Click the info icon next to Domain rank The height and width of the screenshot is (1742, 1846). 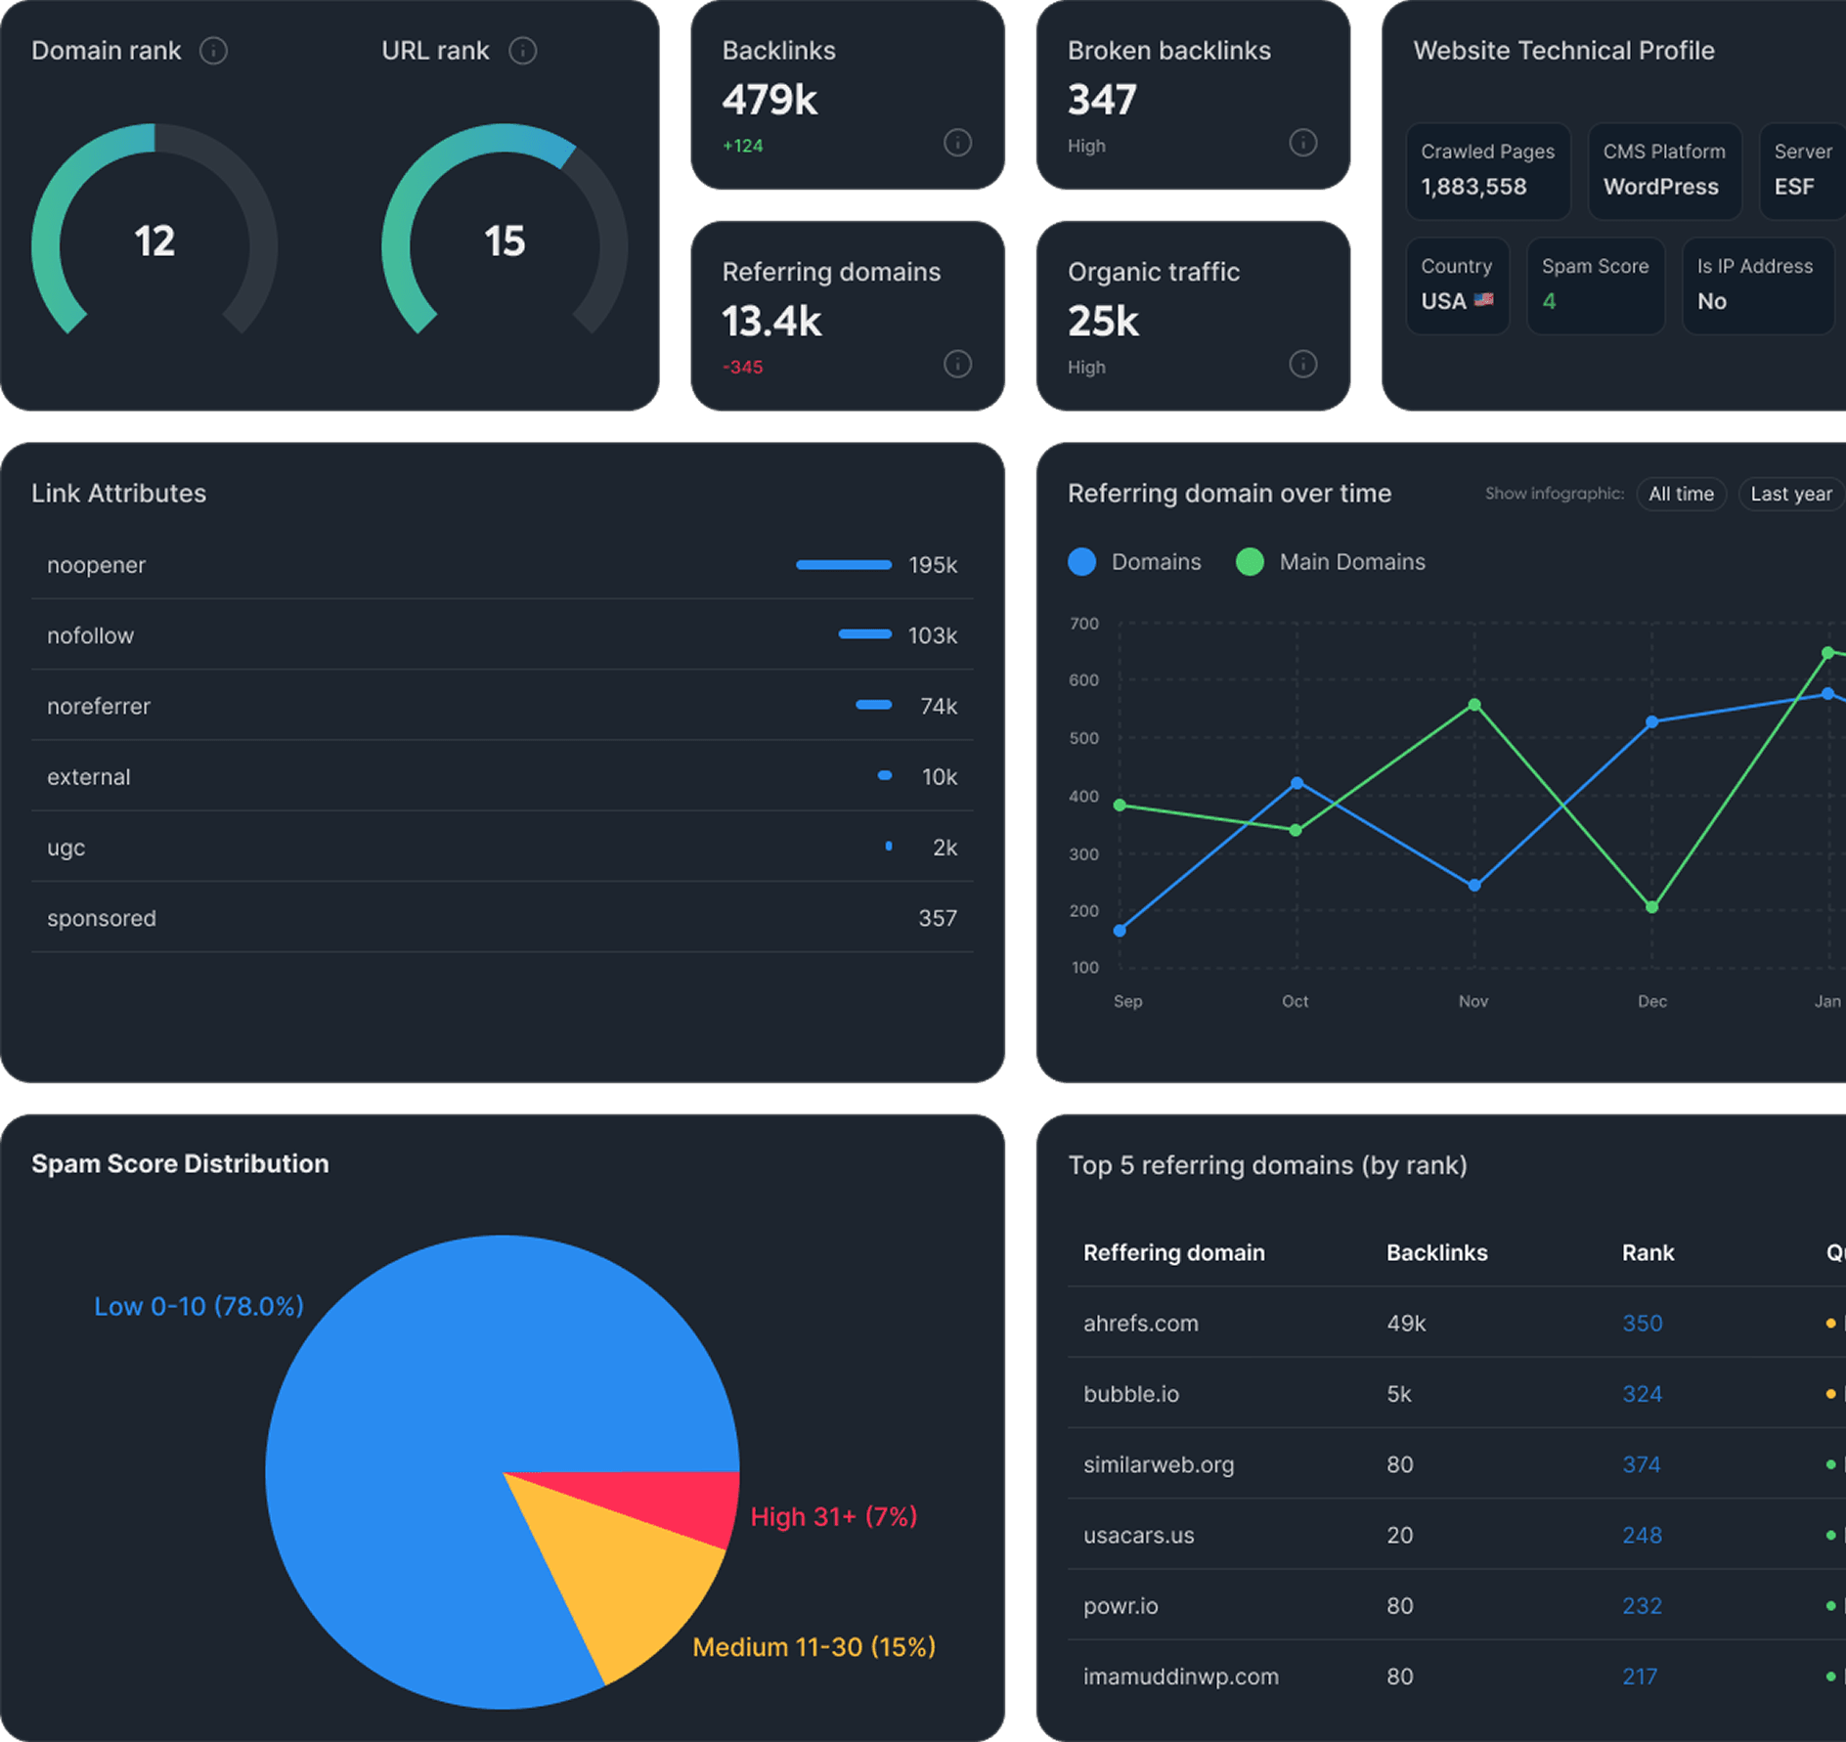coord(213,51)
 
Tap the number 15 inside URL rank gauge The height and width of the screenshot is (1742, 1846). coord(505,241)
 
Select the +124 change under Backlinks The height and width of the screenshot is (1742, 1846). coord(742,146)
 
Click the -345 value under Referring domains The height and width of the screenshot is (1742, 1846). coord(742,368)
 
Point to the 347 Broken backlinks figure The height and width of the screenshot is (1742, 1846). coord(1102,100)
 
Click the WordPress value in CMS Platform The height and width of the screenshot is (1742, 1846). coord(1660,187)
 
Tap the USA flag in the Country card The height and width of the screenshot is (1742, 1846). coord(1483,300)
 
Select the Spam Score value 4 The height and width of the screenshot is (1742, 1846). coord(1549,301)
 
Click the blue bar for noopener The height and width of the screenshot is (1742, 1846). coord(843,565)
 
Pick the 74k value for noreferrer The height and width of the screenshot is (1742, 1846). coord(938,706)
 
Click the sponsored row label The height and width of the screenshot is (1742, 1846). coord(102,918)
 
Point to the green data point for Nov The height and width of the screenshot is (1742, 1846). coord(1474,705)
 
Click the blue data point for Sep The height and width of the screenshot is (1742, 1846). coord(1120,931)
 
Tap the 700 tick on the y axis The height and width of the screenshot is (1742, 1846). coord(1083,624)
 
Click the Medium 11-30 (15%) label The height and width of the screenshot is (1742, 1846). coord(813,1647)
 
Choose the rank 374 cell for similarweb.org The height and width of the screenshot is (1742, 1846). coord(1641,1464)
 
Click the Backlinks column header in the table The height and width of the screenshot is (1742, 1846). coord(1436,1253)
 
